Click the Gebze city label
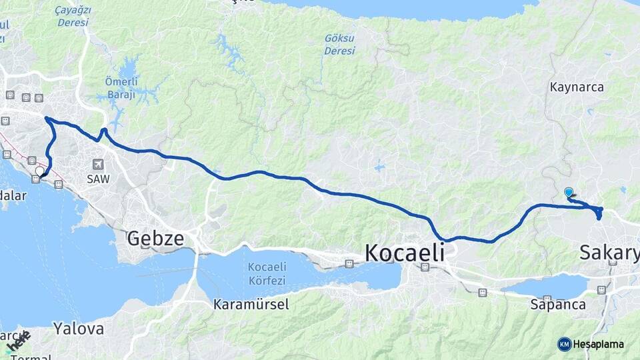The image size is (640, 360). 155,238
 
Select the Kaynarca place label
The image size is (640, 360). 577,87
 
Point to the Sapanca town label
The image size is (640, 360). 558,305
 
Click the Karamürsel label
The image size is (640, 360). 251,305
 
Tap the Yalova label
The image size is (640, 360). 79,329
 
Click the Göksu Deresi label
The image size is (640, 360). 339,45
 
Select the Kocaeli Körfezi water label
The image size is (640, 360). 267,273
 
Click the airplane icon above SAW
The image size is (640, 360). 99,164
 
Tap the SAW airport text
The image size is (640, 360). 98,179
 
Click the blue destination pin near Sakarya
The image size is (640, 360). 569,193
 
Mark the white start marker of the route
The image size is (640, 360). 39,171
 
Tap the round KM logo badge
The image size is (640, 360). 565,344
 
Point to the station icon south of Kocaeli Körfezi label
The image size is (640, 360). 349,264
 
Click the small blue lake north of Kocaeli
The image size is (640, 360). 379,167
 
